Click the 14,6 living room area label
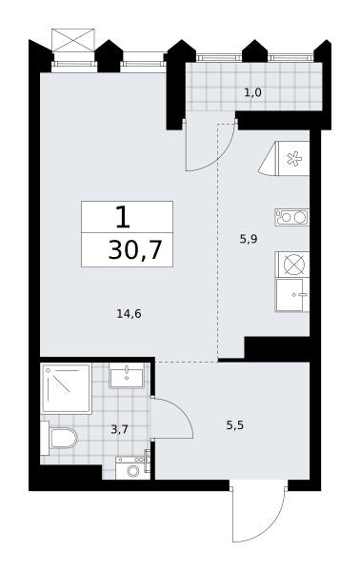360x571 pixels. tap(129, 313)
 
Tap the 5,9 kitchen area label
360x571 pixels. tap(249, 239)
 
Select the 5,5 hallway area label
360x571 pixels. tap(234, 425)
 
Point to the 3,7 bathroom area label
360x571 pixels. tap(119, 430)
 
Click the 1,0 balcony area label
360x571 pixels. tap(252, 92)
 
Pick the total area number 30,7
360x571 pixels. tap(135, 250)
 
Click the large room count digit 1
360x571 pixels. tap(123, 217)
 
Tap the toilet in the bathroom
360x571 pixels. tap(59, 438)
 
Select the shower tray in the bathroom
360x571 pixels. tap(67, 388)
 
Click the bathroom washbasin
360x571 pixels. tap(127, 376)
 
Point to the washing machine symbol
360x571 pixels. tap(132, 468)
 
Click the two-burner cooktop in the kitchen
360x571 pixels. tap(291, 217)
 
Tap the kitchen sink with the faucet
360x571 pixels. tap(292, 295)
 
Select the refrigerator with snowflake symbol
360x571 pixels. tap(284, 159)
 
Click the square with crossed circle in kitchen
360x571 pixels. tap(293, 264)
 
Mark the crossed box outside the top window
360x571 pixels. tap(73, 40)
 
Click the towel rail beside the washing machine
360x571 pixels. tap(148, 461)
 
